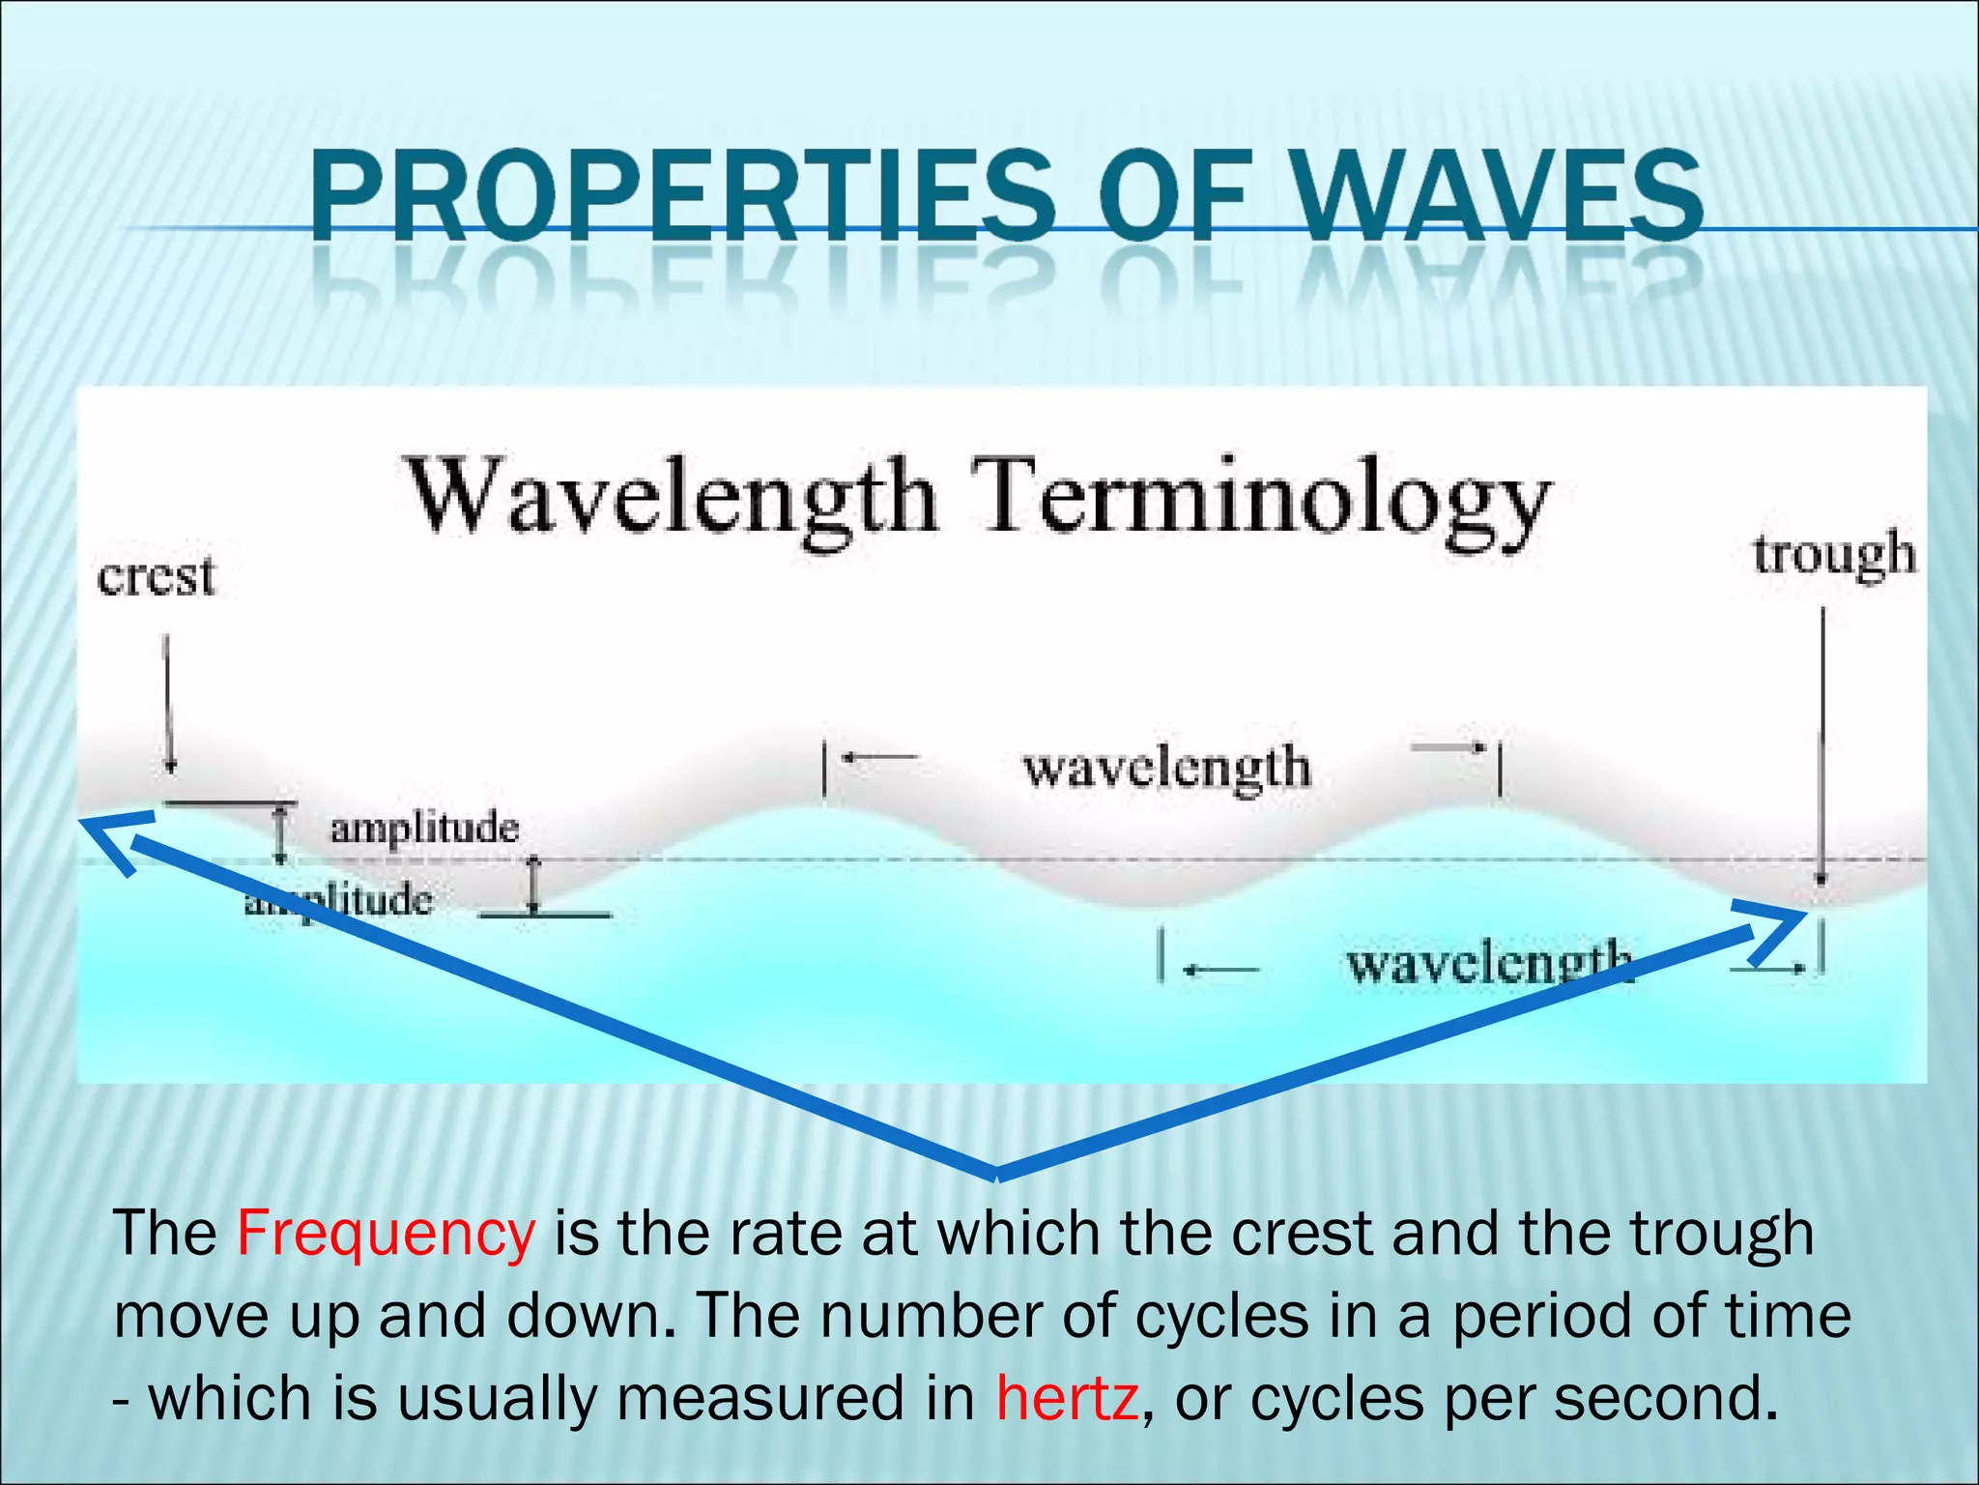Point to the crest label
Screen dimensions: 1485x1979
coord(156,577)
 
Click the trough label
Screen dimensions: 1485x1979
coord(1833,556)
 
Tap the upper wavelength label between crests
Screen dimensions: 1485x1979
coord(1166,769)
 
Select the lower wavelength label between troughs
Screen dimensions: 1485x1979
coord(1488,964)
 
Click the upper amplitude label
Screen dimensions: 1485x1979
coord(424,829)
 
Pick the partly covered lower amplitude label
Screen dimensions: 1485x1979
coord(338,901)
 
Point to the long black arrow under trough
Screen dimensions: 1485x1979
coord(1822,744)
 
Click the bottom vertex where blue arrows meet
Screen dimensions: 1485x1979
coord(995,1174)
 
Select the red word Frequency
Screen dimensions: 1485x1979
coord(385,1235)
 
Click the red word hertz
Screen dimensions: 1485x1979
coord(1066,1399)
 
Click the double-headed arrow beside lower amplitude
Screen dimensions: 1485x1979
coord(533,885)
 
